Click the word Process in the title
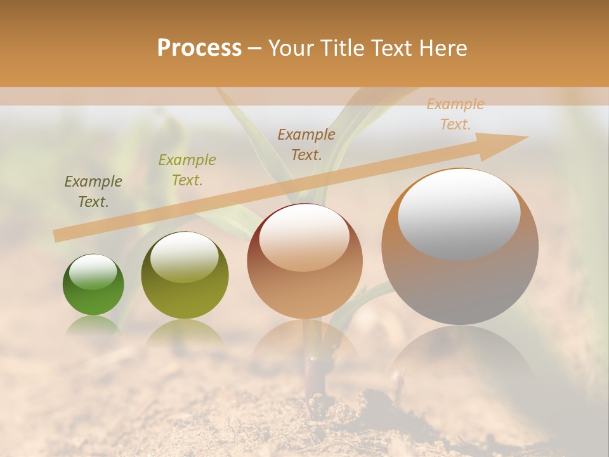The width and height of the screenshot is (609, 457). (199, 48)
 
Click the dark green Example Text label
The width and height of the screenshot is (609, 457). (93, 192)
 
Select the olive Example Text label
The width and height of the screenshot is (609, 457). (187, 170)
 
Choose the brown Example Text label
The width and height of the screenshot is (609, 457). (306, 144)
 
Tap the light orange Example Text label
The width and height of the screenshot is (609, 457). (455, 114)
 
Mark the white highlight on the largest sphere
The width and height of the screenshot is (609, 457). (459, 213)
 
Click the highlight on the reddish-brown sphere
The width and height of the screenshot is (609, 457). (304, 238)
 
